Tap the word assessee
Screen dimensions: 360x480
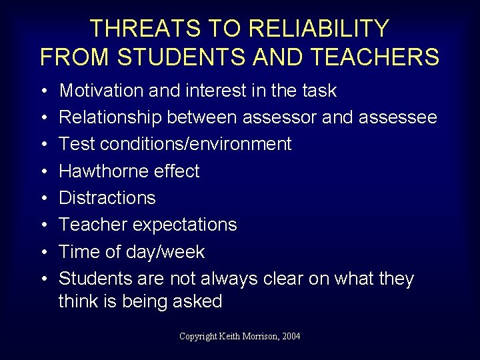(x=398, y=117)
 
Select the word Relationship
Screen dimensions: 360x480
(x=110, y=117)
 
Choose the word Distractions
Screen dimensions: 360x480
(x=107, y=198)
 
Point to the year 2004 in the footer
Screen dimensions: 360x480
(x=291, y=336)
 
